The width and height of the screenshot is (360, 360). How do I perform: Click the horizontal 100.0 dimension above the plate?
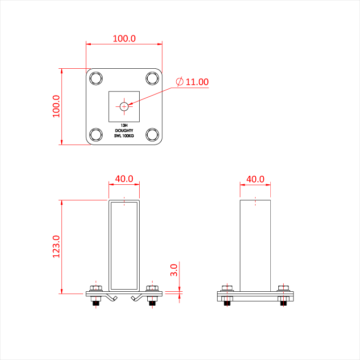click(124, 38)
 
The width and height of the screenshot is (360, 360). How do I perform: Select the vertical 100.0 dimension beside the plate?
click(56, 106)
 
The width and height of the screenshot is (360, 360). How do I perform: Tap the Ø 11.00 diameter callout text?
click(192, 82)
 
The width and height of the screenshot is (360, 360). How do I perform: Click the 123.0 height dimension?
click(56, 247)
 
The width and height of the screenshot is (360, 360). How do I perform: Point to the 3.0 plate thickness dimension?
click(174, 270)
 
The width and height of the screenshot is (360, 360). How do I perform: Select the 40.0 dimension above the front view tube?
click(124, 178)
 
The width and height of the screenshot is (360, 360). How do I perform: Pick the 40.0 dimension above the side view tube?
click(255, 179)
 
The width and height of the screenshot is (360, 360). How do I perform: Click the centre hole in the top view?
click(124, 106)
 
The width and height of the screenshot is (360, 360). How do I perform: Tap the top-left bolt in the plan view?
click(96, 78)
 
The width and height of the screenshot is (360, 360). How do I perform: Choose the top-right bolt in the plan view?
click(152, 78)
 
